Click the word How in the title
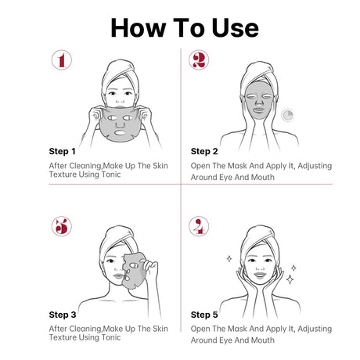click(x=139, y=28)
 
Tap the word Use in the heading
click(x=235, y=28)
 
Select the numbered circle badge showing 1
click(x=62, y=60)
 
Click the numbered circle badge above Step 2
click(x=199, y=60)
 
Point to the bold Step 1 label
click(x=62, y=151)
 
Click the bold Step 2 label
click(x=204, y=151)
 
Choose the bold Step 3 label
click(x=63, y=315)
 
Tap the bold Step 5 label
click(x=204, y=315)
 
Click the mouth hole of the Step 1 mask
click(x=121, y=132)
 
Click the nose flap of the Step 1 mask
click(x=120, y=124)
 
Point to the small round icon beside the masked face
click(x=287, y=115)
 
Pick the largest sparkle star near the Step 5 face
click(x=290, y=279)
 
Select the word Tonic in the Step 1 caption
click(x=111, y=175)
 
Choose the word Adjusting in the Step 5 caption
click(x=315, y=329)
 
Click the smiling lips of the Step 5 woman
click(x=260, y=275)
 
